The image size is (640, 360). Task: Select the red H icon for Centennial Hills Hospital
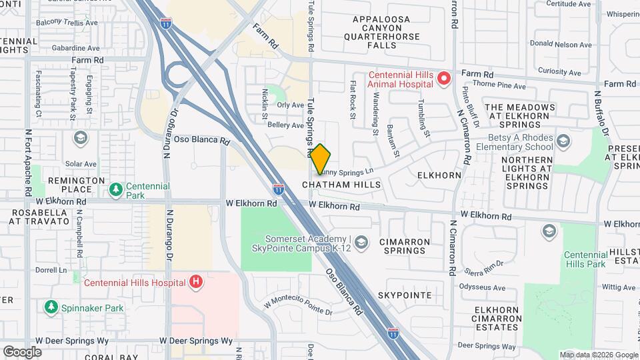pyautogui.click(x=195, y=282)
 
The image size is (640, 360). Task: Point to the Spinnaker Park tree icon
pyautogui.click(x=51, y=307)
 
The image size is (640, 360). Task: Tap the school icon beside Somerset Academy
pyautogui.click(x=361, y=241)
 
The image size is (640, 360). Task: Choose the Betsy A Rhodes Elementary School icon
pyautogui.click(x=563, y=141)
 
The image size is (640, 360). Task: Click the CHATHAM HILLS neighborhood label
pyautogui.click(x=341, y=185)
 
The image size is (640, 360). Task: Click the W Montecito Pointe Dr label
pyautogui.click(x=297, y=305)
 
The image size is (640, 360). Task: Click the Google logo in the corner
pyautogui.click(x=22, y=351)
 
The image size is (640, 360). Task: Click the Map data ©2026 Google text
pyautogui.click(x=598, y=355)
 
